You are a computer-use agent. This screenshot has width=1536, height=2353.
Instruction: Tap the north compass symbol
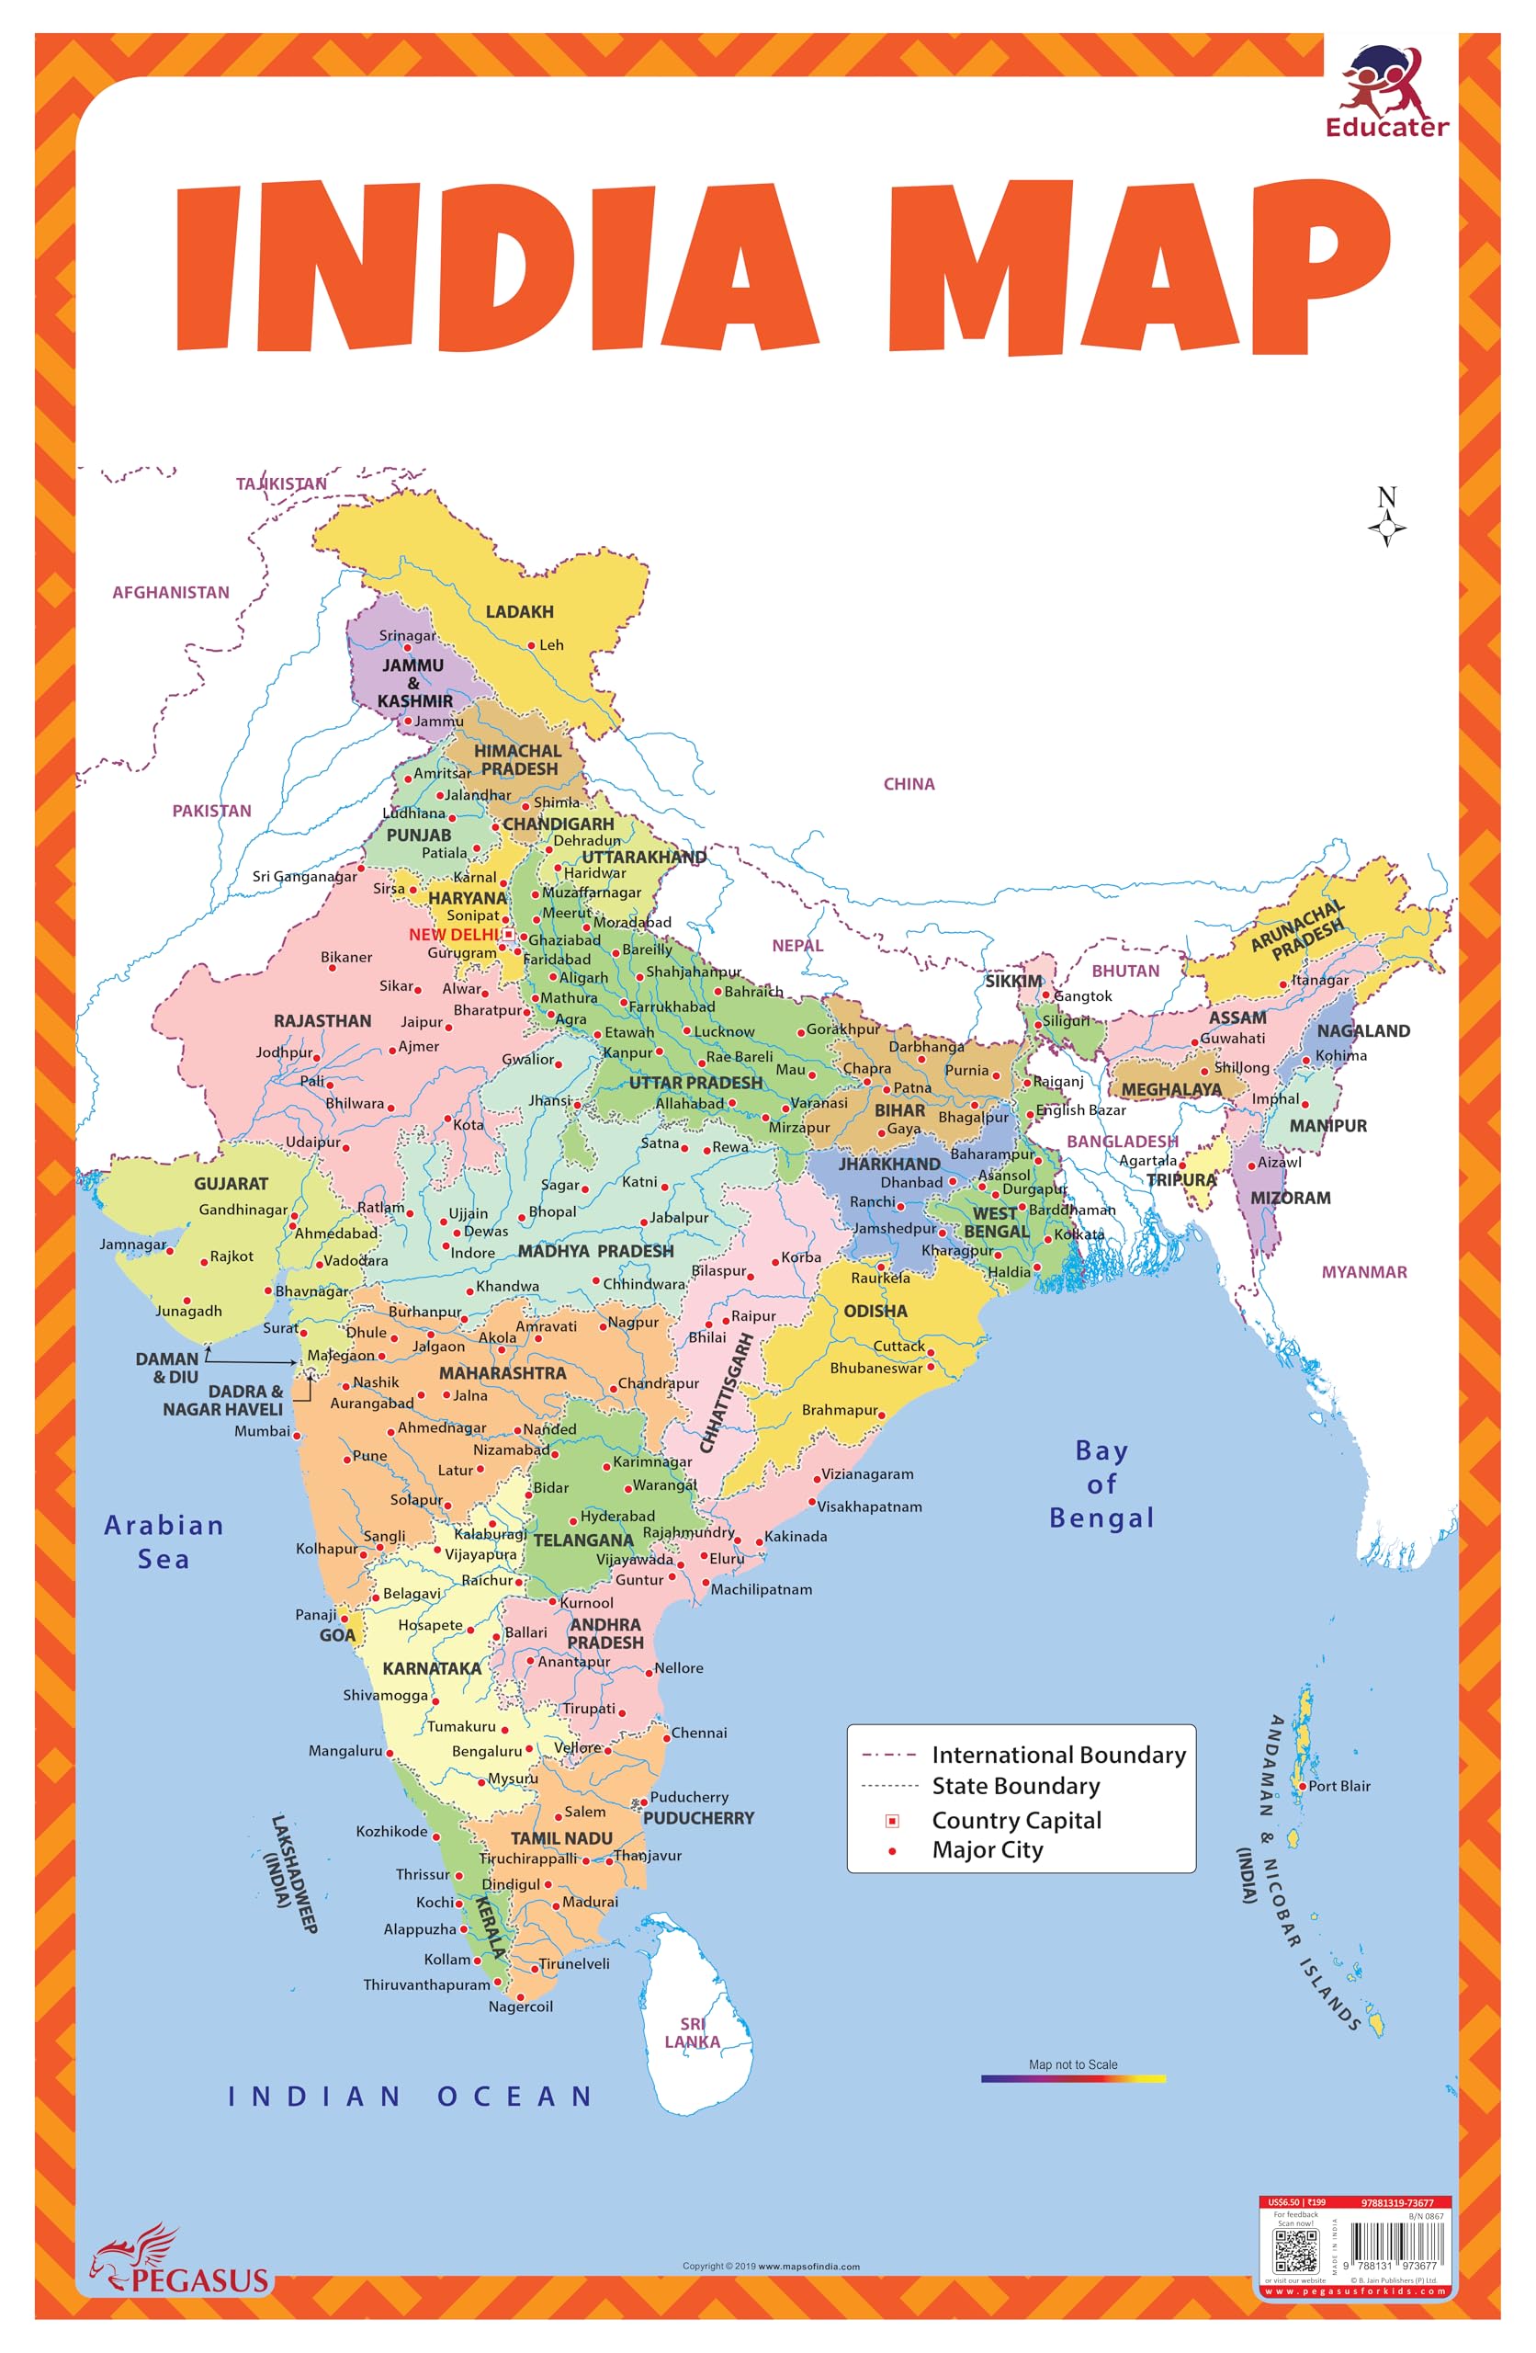point(1387,517)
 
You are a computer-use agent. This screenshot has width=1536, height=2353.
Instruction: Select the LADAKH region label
point(519,612)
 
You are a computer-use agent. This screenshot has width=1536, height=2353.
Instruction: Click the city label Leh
point(550,644)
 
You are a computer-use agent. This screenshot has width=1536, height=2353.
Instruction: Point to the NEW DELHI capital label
point(454,934)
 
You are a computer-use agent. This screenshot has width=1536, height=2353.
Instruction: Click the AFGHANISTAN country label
point(170,592)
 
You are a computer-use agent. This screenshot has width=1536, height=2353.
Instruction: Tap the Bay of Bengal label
point(1101,1484)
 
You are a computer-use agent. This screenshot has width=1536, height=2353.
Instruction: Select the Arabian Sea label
point(164,1541)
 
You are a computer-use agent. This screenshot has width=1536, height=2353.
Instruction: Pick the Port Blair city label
point(1338,1786)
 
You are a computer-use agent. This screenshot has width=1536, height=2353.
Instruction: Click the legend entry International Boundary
point(1057,1755)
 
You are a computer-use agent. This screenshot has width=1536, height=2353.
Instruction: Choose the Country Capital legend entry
point(1016,1820)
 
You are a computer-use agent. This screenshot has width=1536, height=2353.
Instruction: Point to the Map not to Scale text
point(1072,2064)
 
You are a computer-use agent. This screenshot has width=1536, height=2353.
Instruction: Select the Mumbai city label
point(262,1430)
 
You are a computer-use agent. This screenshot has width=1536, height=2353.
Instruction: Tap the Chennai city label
point(699,1733)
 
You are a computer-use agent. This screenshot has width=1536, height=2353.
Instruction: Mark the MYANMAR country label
point(1364,1272)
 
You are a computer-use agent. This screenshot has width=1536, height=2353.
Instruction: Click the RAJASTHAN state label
point(322,1020)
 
